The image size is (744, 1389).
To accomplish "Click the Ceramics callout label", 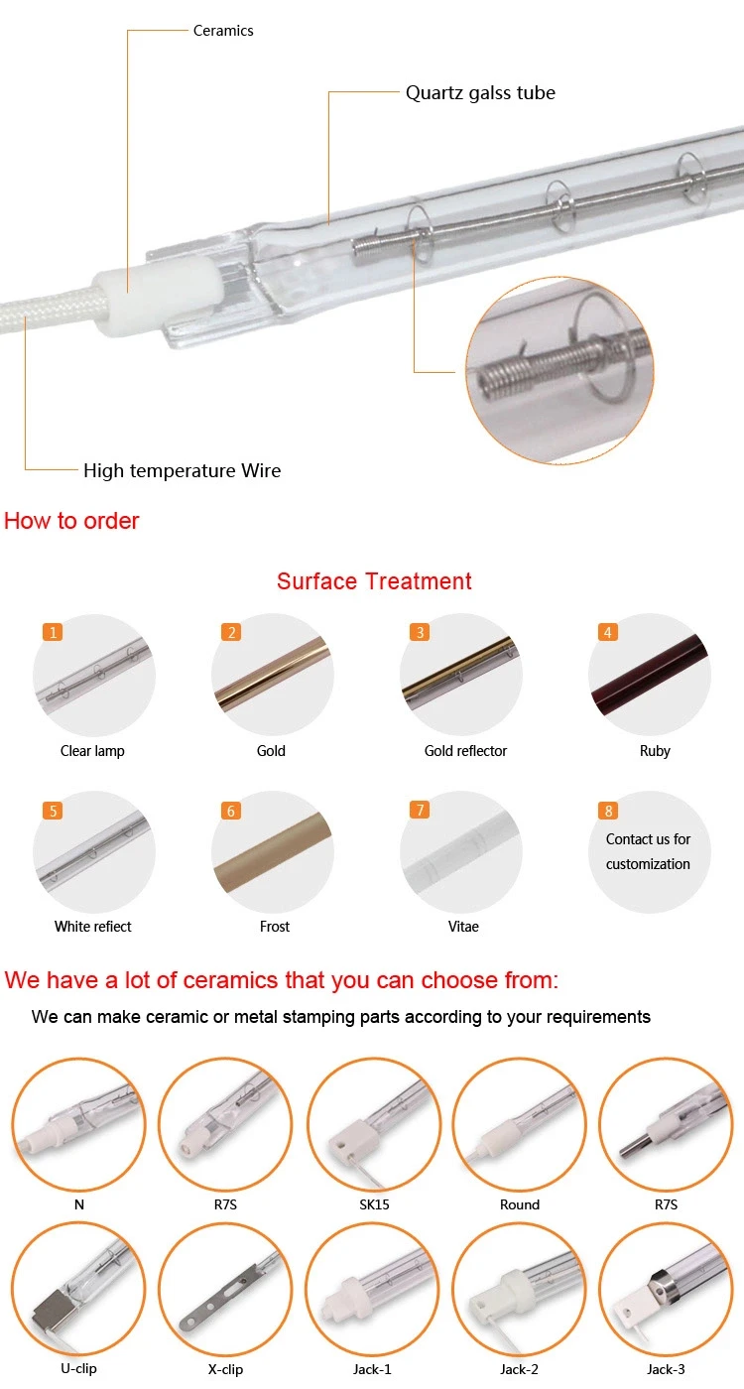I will pos(223,31).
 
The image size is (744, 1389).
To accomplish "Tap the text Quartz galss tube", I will pos(480,93).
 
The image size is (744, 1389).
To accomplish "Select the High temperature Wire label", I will pos(182,470).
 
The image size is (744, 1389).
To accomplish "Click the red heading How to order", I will pos(71,521).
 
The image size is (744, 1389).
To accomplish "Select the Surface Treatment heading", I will pos(374,581).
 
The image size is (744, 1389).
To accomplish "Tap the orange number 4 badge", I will pos(609,632).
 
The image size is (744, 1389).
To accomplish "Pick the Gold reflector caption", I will pos(465,751).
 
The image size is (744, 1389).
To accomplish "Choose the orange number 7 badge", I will pos(421,811).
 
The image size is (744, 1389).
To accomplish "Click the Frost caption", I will pos(275,927).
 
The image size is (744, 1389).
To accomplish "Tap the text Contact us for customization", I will pos(648,851).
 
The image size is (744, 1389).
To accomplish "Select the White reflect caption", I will pos(93,927).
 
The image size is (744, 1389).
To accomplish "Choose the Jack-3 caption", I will pos(665,1369).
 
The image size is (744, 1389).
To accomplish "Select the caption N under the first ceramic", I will pos(78,1204).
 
